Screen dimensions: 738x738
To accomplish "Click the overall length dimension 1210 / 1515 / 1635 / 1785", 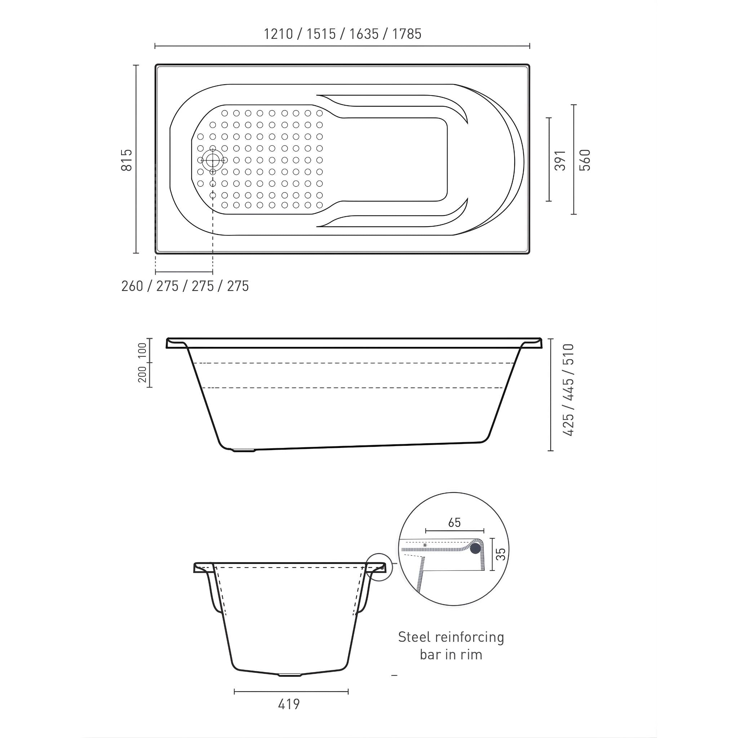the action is pyautogui.click(x=343, y=34).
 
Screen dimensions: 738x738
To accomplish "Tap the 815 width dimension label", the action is pyautogui.click(x=127, y=160).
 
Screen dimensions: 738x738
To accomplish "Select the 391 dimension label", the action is pyautogui.click(x=560, y=160).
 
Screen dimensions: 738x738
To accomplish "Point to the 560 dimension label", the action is pyautogui.click(x=585, y=160).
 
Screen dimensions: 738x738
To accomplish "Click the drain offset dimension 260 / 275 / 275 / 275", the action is pyautogui.click(x=185, y=286).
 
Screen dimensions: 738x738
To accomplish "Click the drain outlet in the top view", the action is pyautogui.click(x=212, y=160).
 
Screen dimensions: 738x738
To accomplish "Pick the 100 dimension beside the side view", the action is pyautogui.click(x=142, y=350).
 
